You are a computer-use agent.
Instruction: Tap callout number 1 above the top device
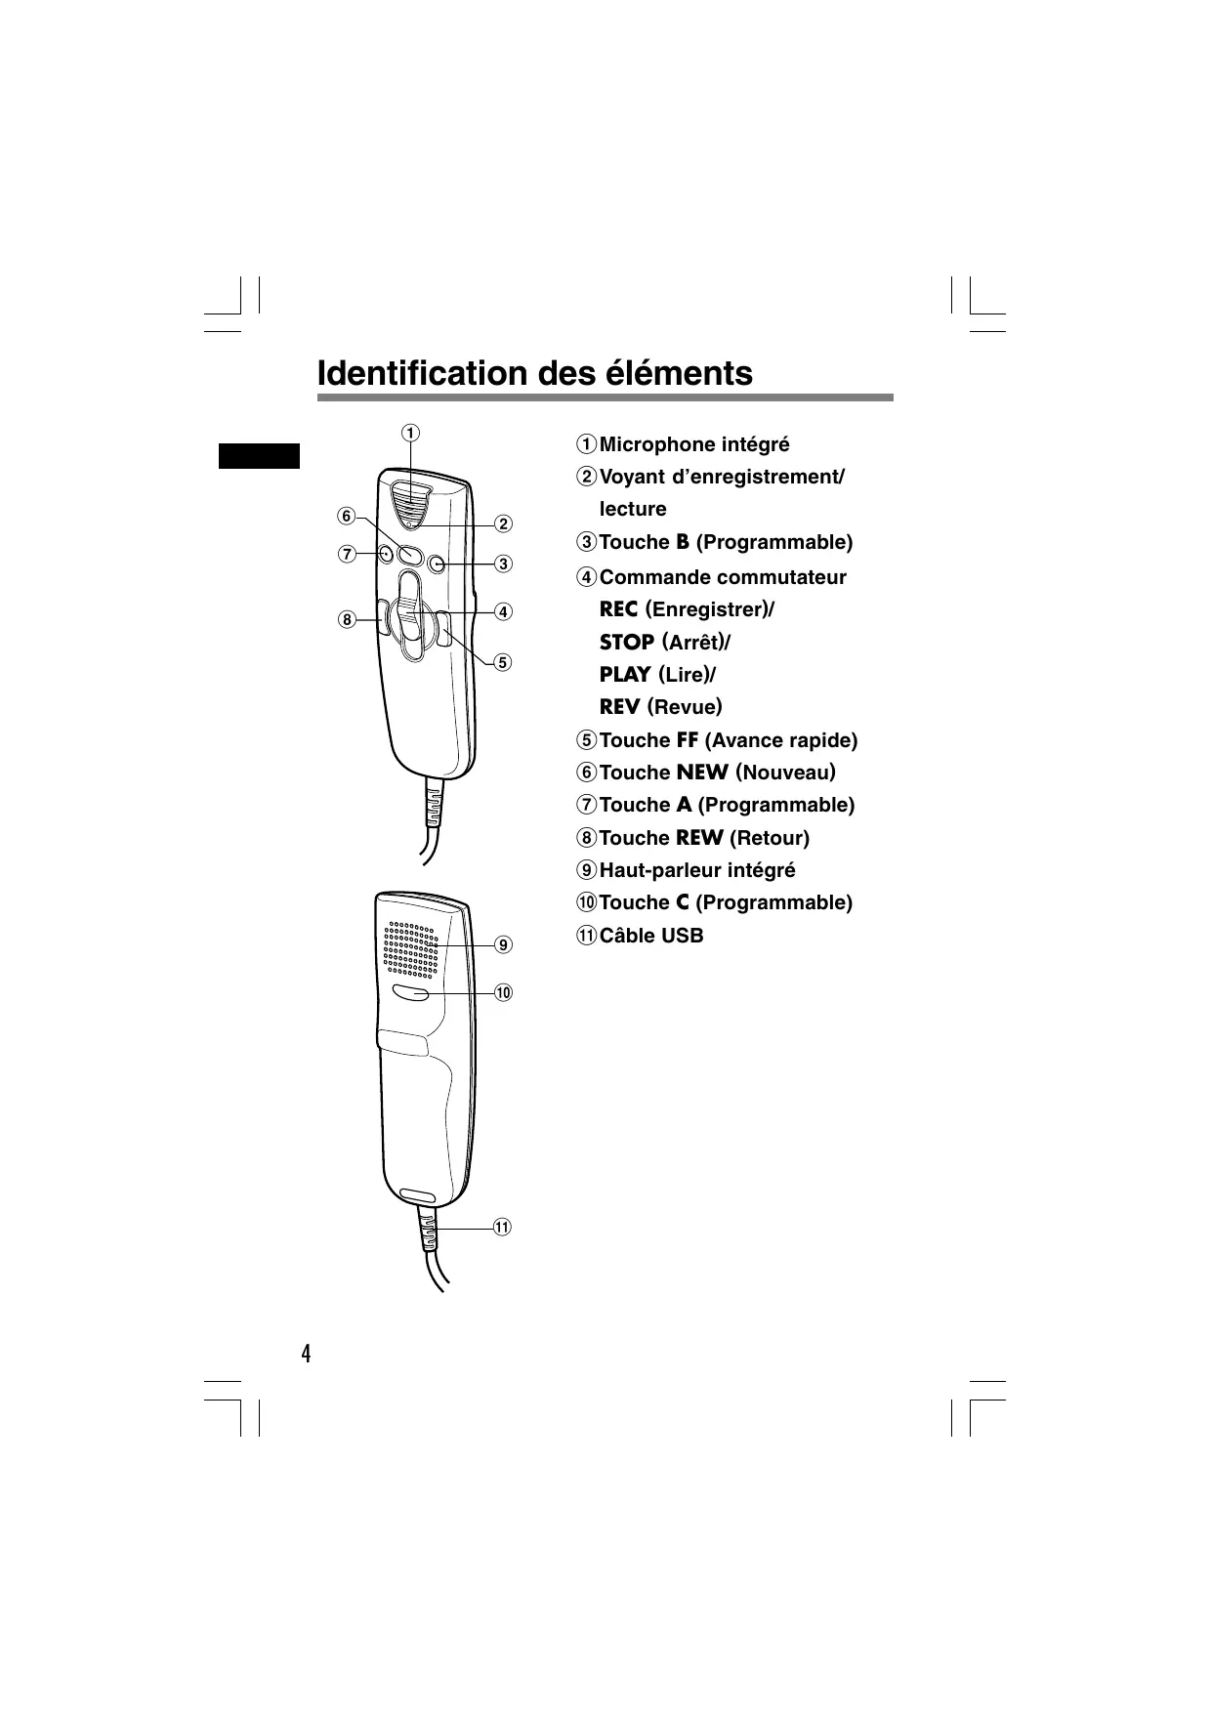410,432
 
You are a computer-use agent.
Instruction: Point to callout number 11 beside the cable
502,1226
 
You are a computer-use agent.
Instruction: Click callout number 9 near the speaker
502,944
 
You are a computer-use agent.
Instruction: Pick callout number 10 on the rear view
502,992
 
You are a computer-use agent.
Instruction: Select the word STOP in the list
626,642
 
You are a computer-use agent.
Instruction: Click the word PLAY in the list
625,674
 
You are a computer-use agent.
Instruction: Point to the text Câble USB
650,935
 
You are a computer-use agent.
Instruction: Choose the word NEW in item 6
701,773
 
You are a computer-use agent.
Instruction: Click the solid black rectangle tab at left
259,456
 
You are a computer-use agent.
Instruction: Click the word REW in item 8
699,838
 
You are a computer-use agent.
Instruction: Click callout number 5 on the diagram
502,661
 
